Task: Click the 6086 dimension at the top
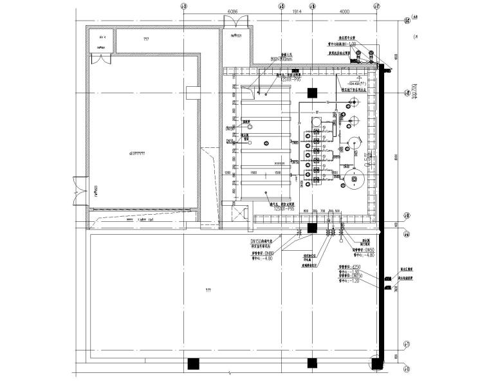232,12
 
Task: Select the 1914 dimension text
297,12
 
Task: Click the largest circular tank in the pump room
353,178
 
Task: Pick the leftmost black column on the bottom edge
192,364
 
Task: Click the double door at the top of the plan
233,21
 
